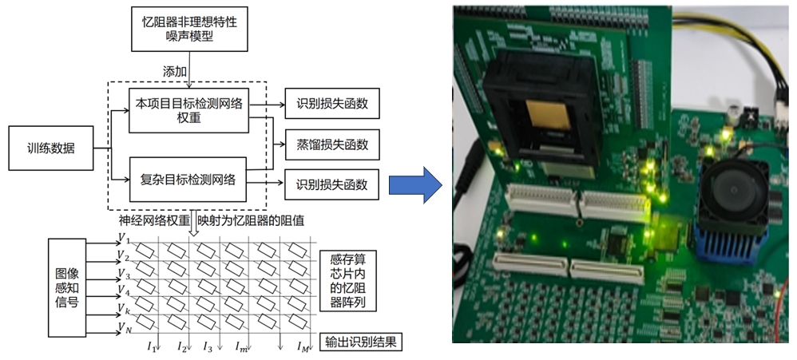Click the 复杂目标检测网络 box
[x=188, y=179]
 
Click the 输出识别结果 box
[x=360, y=343]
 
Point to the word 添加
[x=175, y=71]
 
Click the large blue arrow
[x=414, y=185]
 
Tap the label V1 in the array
[x=122, y=239]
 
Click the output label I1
[x=152, y=346]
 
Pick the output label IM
[x=303, y=346]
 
